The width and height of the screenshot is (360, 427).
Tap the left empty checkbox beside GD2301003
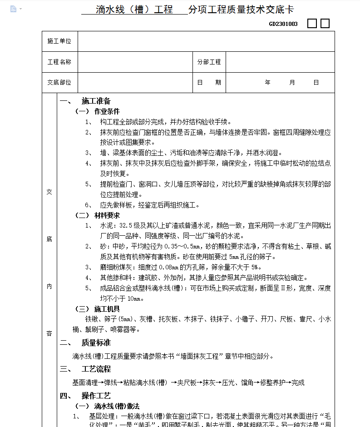pos(312,24)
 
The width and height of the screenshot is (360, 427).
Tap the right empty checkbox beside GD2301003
pos(325,24)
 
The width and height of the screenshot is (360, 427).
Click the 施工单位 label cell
pos(59,41)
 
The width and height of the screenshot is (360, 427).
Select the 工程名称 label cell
pos(59,62)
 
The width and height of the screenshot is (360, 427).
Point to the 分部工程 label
pos(209,62)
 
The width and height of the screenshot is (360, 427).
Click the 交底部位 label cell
pos(59,83)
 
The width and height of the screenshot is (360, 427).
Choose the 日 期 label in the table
pos(209,83)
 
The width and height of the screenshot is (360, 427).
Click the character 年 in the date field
pos(268,83)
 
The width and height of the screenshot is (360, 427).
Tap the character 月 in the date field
pos(292,83)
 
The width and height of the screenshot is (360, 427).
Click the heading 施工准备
pos(96,101)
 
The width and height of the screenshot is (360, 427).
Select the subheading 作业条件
pos(107,111)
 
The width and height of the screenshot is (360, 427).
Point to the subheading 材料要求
pos(107,215)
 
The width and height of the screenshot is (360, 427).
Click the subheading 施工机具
pos(107,309)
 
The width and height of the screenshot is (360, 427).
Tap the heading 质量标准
pos(96,343)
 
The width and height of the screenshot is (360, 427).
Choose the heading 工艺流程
pos(96,369)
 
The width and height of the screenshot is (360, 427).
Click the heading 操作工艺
pos(96,396)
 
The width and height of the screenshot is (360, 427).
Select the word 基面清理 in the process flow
pos(85,382)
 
